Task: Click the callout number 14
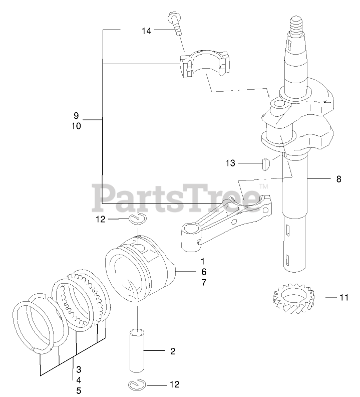pyautogui.click(x=146, y=31)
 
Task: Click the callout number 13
pyautogui.click(x=230, y=163)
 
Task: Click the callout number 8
pyautogui.click(x=338, y=178)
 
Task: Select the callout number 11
pyautogui.click(x=343, y=297)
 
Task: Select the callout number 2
pyautogui.click(x=172, y=351)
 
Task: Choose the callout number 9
pyautogui.click(x=76, y=115)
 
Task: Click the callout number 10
pyautogui.click(x=76, y=126)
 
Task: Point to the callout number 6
pyautogui.click(x=203, y=272)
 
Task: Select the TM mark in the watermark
pyautogui.click(x=263, y=187)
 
